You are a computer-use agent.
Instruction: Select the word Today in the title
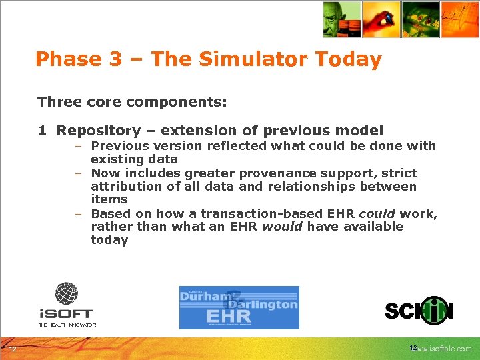(x=349, y=59)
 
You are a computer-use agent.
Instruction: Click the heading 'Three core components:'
(x=132, y=102)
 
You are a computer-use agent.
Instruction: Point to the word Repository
(x=99, y=131)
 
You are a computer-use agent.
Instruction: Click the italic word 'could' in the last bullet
(x=377, y=214)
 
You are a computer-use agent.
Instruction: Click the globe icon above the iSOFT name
(x=66, y=293)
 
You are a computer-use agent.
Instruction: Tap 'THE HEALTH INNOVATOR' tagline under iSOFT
(x=67, y=325)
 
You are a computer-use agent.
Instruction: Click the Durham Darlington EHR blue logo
(x=239, y=307)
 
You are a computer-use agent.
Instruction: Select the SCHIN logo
(x=419, y=311)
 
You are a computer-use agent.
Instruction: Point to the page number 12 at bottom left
(x=13, y=349)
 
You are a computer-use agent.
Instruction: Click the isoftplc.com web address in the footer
(x=444, y=349)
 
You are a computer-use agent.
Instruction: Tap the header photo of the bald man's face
(x=341, y=19)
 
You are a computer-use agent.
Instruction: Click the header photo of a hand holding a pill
(x=381, y=19)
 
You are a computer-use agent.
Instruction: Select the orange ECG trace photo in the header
(x=461, y=19)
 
